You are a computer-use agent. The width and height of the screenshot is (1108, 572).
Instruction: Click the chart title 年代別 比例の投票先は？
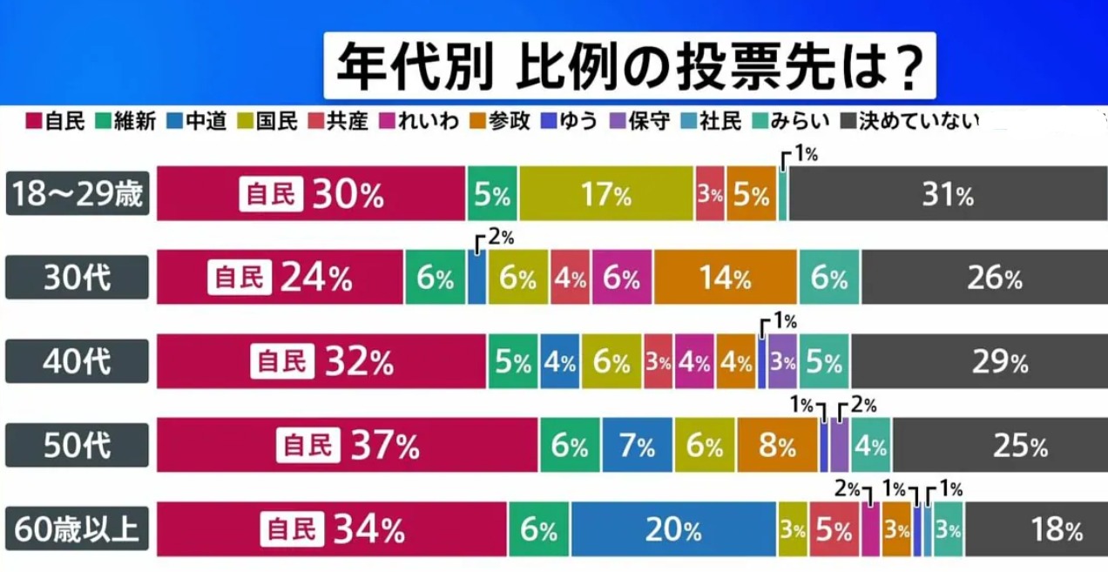(629, 66)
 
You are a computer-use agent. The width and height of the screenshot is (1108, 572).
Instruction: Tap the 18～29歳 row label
(78, 194)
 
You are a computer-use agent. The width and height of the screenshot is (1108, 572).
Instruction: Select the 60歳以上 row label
(78, 528)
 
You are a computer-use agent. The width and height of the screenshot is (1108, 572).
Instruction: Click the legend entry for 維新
(126, 121)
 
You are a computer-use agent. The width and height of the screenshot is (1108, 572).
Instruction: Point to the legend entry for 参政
(501, 121)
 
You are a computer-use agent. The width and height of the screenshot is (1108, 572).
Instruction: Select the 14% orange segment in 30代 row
(726, 279)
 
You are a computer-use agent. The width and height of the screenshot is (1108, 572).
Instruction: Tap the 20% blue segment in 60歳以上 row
(673, 529)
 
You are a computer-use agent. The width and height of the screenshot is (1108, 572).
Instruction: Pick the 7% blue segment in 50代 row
(637, 446)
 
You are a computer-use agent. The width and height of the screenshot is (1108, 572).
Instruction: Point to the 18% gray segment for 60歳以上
(1036, 529)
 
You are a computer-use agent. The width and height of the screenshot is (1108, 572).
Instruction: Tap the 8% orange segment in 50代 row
(777, 446)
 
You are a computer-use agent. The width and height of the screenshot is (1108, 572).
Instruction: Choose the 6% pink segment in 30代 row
(622, 279)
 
